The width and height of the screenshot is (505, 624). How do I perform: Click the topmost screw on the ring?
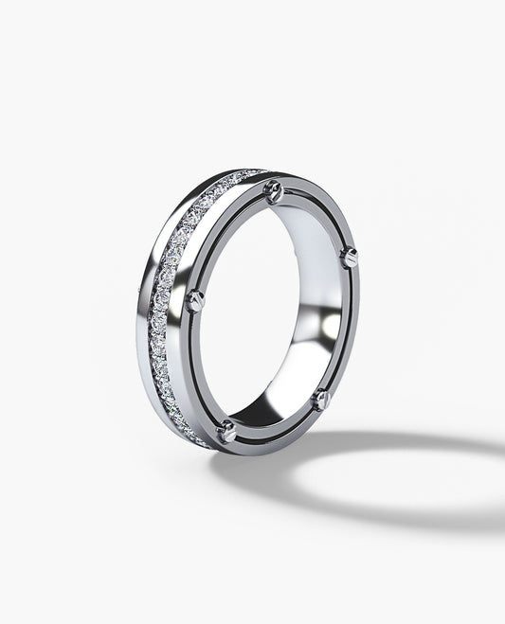[275, 192]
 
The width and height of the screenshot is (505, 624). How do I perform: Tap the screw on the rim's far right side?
[349, 256]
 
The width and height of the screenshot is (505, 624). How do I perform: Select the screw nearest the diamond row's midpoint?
[195, 301]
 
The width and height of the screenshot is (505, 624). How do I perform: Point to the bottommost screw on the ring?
[227, 432]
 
